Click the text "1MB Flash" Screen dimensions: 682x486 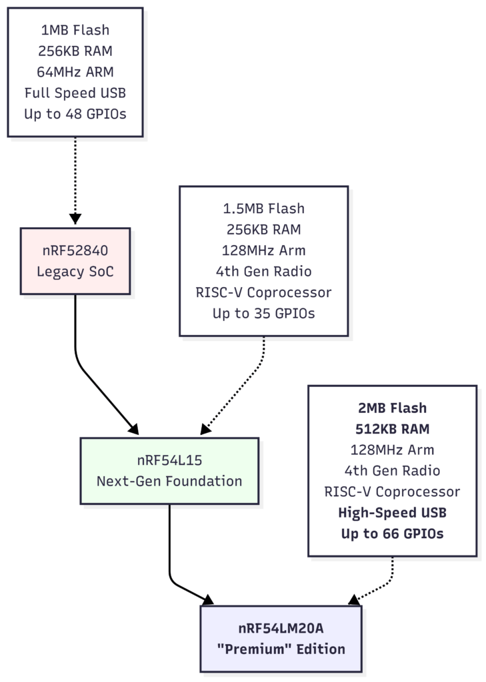pos(75,30)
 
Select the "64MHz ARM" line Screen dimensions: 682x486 pos(75,72)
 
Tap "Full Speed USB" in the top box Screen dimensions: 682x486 pos(75,93)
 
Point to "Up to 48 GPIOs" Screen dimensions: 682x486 pos(75,114)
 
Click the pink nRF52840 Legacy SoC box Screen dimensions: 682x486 pos(75,261)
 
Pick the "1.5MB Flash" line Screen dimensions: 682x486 pos(263,208)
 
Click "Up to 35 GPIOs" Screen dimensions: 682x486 pos(263,313)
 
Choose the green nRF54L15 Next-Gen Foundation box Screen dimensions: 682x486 pos(169,470)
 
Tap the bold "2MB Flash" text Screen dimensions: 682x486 pos(392,408)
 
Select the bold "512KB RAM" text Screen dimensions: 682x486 pos(392,428)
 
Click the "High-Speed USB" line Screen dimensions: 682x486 pos(392,512)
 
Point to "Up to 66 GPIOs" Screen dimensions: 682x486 pos(392,533)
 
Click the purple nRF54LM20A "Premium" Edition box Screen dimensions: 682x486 pos(281,639)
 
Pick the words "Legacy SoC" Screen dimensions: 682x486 pos(75,272)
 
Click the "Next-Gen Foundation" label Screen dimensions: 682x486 pos(169,481)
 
